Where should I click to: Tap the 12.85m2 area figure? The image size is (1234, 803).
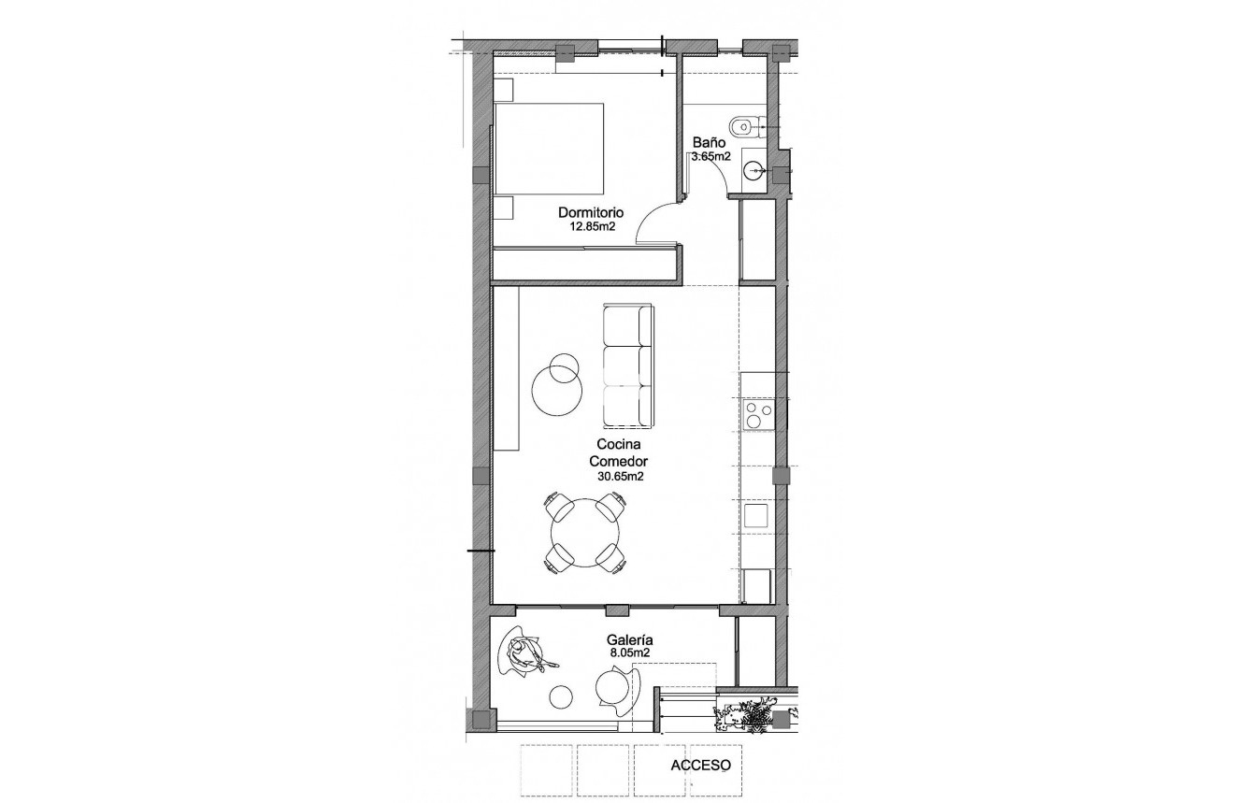coord(591,226)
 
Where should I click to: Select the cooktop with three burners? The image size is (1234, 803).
coord(757,414)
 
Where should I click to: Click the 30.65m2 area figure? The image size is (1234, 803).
coord(619,476)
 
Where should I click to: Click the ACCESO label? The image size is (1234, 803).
coord(700,765)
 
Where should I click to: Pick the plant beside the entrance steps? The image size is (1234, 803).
coord(748,716)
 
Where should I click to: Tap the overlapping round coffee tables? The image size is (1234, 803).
coord(557,382)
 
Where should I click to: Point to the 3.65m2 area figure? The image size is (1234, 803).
coord(710,156)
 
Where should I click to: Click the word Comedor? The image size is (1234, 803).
coord(619,462)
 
